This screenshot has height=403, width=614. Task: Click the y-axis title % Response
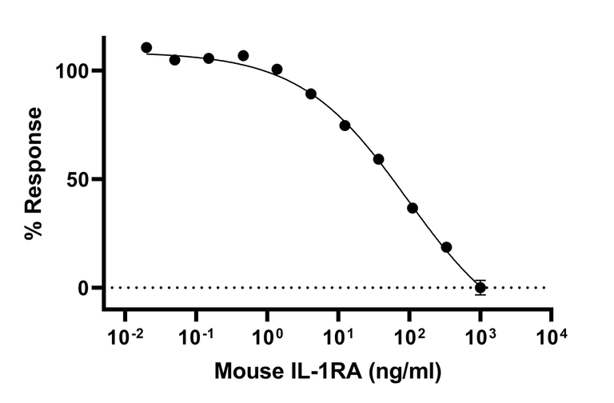34,174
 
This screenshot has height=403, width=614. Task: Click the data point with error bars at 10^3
480,287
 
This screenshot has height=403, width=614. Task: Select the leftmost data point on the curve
146,48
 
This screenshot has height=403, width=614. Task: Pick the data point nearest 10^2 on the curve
413,208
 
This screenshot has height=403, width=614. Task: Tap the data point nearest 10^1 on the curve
345,126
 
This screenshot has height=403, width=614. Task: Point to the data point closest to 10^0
277,70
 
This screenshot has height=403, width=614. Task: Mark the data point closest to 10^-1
208,58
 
